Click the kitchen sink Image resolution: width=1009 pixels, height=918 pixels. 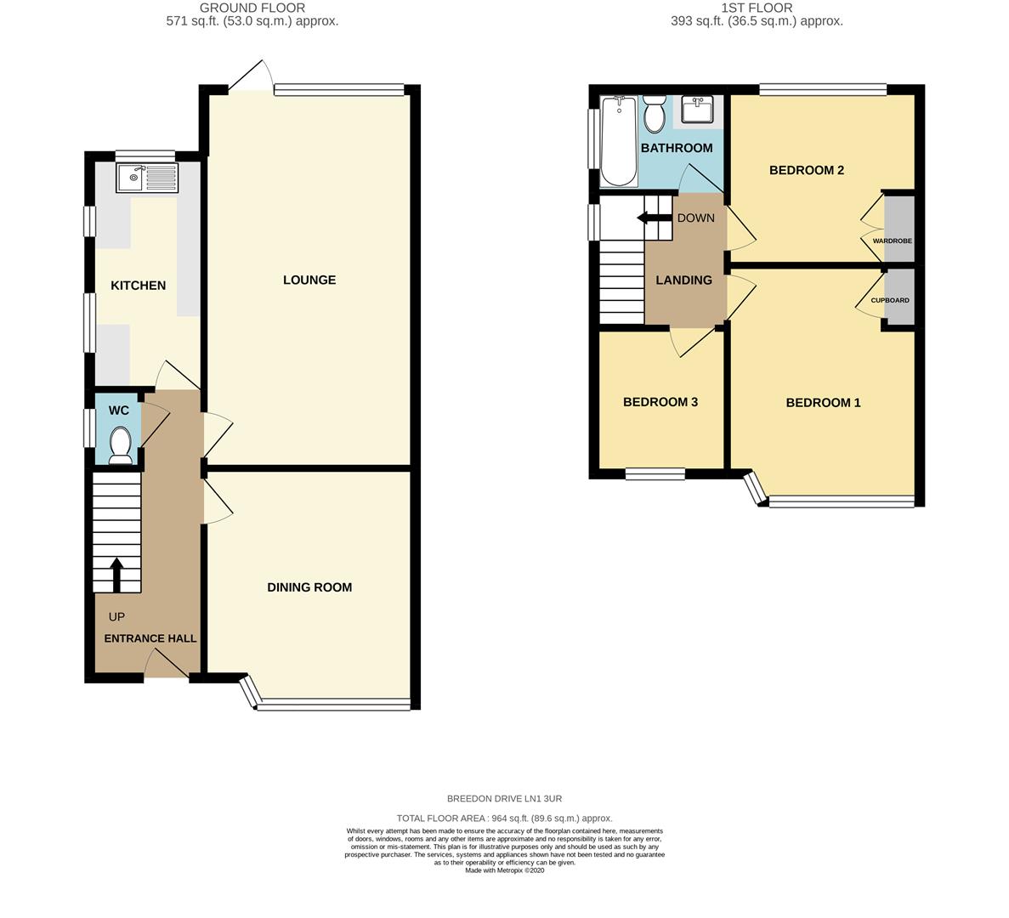click(147, 178)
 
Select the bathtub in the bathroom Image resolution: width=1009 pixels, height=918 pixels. click(619, 141)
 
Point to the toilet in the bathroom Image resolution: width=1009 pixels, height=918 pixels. click(654, 115)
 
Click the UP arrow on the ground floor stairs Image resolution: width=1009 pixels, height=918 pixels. click(116, 574)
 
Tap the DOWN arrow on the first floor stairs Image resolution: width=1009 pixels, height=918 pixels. click(649, 218)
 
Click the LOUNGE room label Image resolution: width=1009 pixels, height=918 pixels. click(309, 280)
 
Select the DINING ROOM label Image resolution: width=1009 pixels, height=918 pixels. click(309, 587)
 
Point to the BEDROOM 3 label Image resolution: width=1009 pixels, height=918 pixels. click(660, 402)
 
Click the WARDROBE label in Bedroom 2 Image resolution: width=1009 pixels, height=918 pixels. click(892, 241)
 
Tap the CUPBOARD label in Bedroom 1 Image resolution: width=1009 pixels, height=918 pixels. click(889, 301)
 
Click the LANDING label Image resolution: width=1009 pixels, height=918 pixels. click(683, 280)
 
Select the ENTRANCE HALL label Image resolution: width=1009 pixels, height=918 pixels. click(150, 638)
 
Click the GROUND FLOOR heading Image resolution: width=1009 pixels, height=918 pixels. click(252, 8)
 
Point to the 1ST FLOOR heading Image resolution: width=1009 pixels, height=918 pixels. click(757, 8)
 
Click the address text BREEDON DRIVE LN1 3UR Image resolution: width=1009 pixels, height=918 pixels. click(504, 799)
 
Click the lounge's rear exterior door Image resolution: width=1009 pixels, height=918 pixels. click(251, 76)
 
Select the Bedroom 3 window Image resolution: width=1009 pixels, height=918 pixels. click(655, 474)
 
